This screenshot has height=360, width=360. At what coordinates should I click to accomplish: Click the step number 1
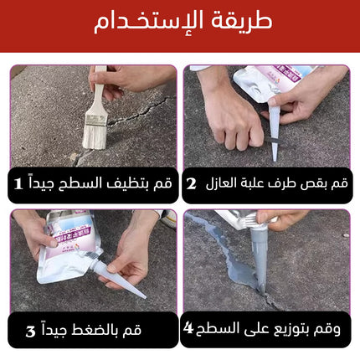18,183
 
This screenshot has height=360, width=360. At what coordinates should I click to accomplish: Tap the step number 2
191,183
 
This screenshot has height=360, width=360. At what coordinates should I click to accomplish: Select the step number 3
31,332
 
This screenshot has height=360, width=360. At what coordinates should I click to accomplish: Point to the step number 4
188,328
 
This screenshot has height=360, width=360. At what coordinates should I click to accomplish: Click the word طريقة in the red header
241,21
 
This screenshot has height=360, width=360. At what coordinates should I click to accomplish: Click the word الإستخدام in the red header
148,23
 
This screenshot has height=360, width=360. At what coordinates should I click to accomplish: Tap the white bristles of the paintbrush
95,136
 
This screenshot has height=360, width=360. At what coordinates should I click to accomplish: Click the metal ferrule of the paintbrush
96,119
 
